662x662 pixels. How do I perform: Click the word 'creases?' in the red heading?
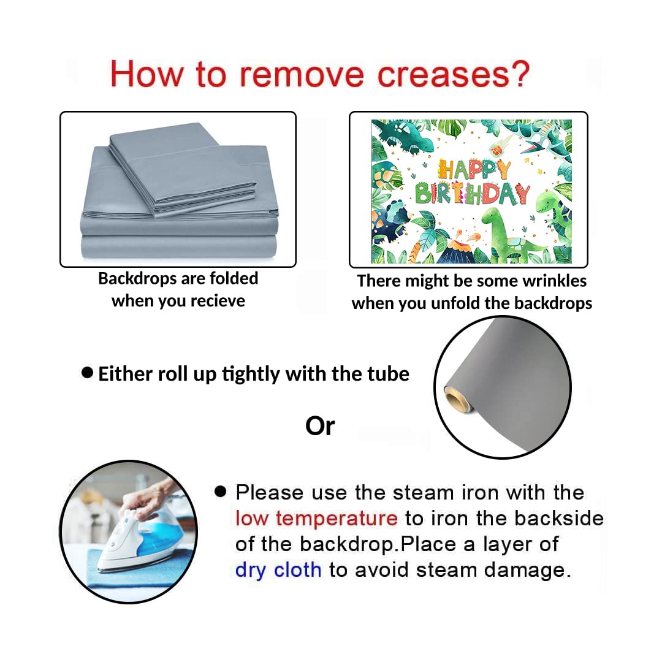pyautogui.click(x=454, y=75)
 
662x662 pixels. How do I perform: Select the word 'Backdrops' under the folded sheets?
pyautogui.click(x=131, y=279)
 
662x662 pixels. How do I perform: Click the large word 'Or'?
pyautogui.click(x=320, y=426)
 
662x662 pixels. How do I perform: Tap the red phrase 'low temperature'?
pyautogui.click(x=316, y=519)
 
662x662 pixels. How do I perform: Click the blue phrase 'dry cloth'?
pyautogui.click(x=278, y=570)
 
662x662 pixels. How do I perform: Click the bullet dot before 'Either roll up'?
pyautogui.click(x=87, y=373)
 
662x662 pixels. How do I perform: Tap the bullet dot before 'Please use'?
pyautogui.click(x=221, y=491)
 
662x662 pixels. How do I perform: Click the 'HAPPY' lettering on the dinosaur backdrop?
pyautogui.click(x=474, y=170)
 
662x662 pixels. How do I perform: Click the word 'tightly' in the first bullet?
pyautogui.click(x=251, y=375)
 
